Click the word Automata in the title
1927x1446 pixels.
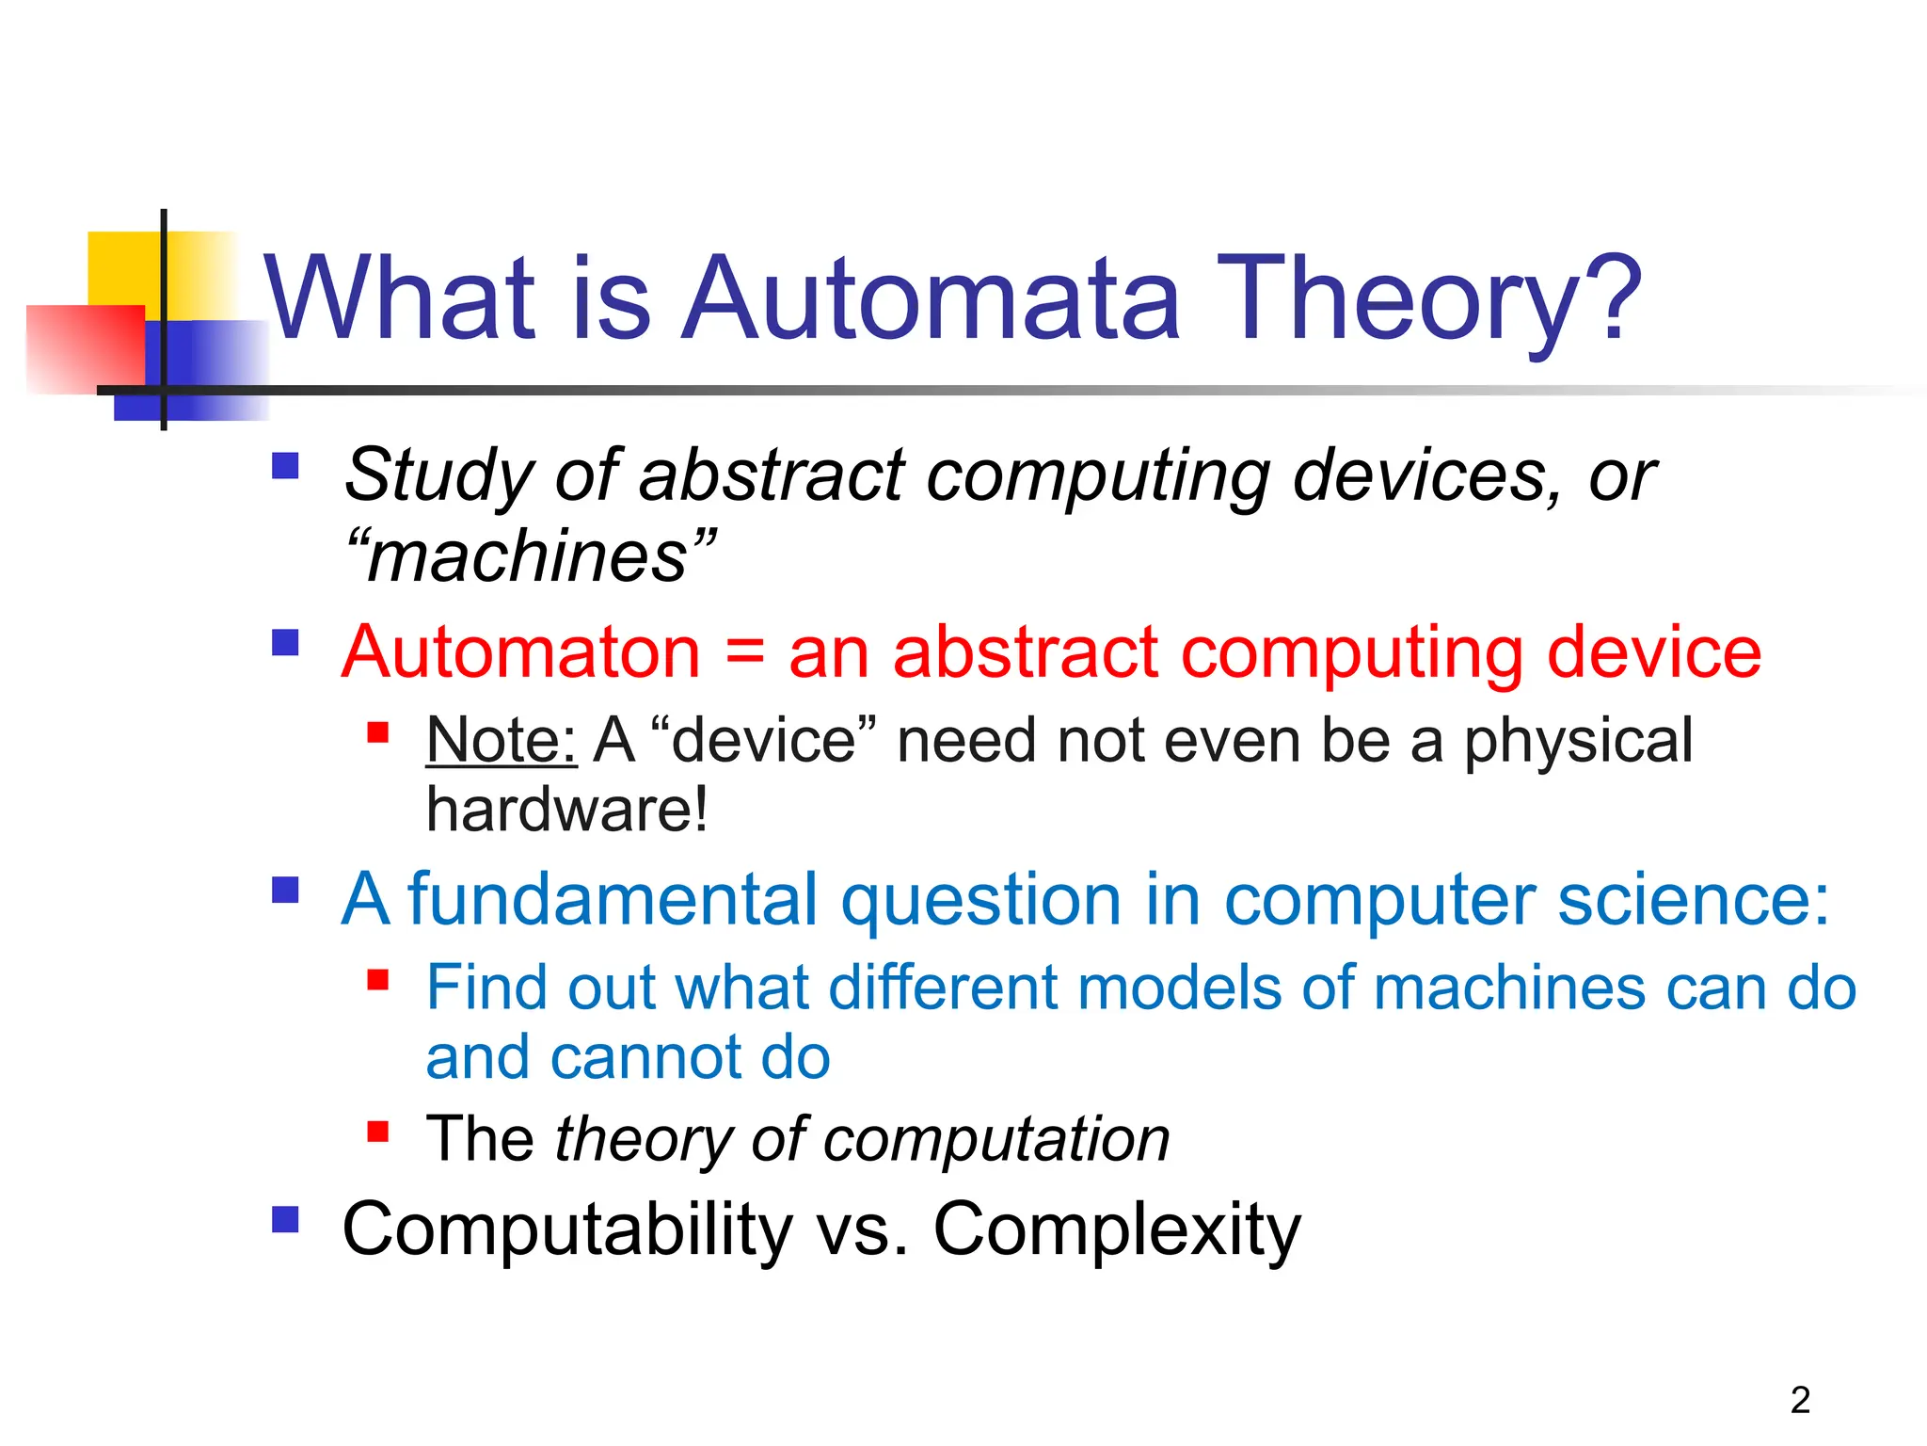click(x=932, y=299)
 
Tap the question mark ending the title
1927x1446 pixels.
click(x=1611, y=299)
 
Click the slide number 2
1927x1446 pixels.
click(x=1800, y=1400)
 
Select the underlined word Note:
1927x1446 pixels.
click(x=501, y=740)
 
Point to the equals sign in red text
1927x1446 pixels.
click(x=745, y=652)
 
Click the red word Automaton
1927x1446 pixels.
click(x=521, y=652)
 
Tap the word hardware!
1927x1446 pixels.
click(x=566, y=810)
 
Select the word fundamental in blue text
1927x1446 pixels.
click(x=612, y=899)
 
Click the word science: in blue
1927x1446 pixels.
click(x=1694, y=899)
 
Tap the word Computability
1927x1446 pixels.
click(x=567, y=1229)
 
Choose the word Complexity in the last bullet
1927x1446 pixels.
click(x=1117, y=1229)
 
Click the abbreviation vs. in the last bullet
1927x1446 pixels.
click(x=862, y=1229)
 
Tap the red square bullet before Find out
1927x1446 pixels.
click(x=378, y=980)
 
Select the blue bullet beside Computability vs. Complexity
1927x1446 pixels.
click(x=285, y=1220)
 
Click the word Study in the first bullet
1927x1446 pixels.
click(x=438, y=475)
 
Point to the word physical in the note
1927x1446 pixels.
click(x=1578, y=740)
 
